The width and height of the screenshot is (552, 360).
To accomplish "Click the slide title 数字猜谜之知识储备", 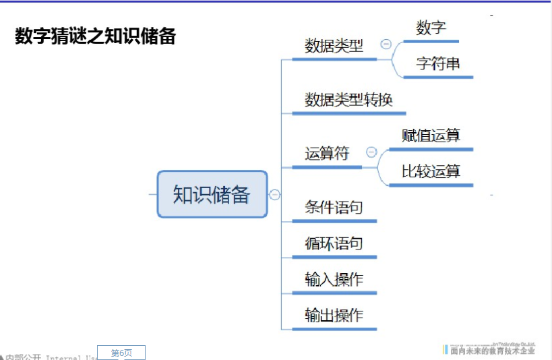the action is [x=95, y=36].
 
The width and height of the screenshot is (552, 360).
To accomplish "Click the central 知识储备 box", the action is [x=212, y=194].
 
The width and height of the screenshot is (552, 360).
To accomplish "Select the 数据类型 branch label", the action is [x=334, y=46].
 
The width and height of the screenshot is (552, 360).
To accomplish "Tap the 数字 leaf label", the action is [x=431, y=28].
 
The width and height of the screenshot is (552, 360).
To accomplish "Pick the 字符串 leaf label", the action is [x=438, y=64].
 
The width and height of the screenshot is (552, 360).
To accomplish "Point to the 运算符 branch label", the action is [x=327, y=154].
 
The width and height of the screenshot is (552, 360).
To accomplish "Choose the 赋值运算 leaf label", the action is [x=431, y=136].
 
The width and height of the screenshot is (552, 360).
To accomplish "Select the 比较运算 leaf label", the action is [x=431, y=171].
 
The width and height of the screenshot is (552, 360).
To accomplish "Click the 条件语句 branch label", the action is [x=334, y=207].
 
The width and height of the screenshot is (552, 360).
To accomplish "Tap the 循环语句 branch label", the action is [x=334, y=243].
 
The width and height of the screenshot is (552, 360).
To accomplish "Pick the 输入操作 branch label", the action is [x=334, y=279].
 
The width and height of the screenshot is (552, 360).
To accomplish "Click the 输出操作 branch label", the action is [x=334, y=315].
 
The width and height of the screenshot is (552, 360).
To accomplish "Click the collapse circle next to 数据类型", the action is [x=386, y=44].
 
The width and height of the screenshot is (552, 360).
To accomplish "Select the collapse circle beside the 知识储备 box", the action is [x=275, y=195].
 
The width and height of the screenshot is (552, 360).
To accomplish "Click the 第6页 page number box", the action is [x=121, y=353].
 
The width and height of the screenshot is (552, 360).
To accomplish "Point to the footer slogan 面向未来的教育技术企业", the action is [x=493, y=351].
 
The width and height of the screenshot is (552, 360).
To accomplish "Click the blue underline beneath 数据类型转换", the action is [x=348, y=113].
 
